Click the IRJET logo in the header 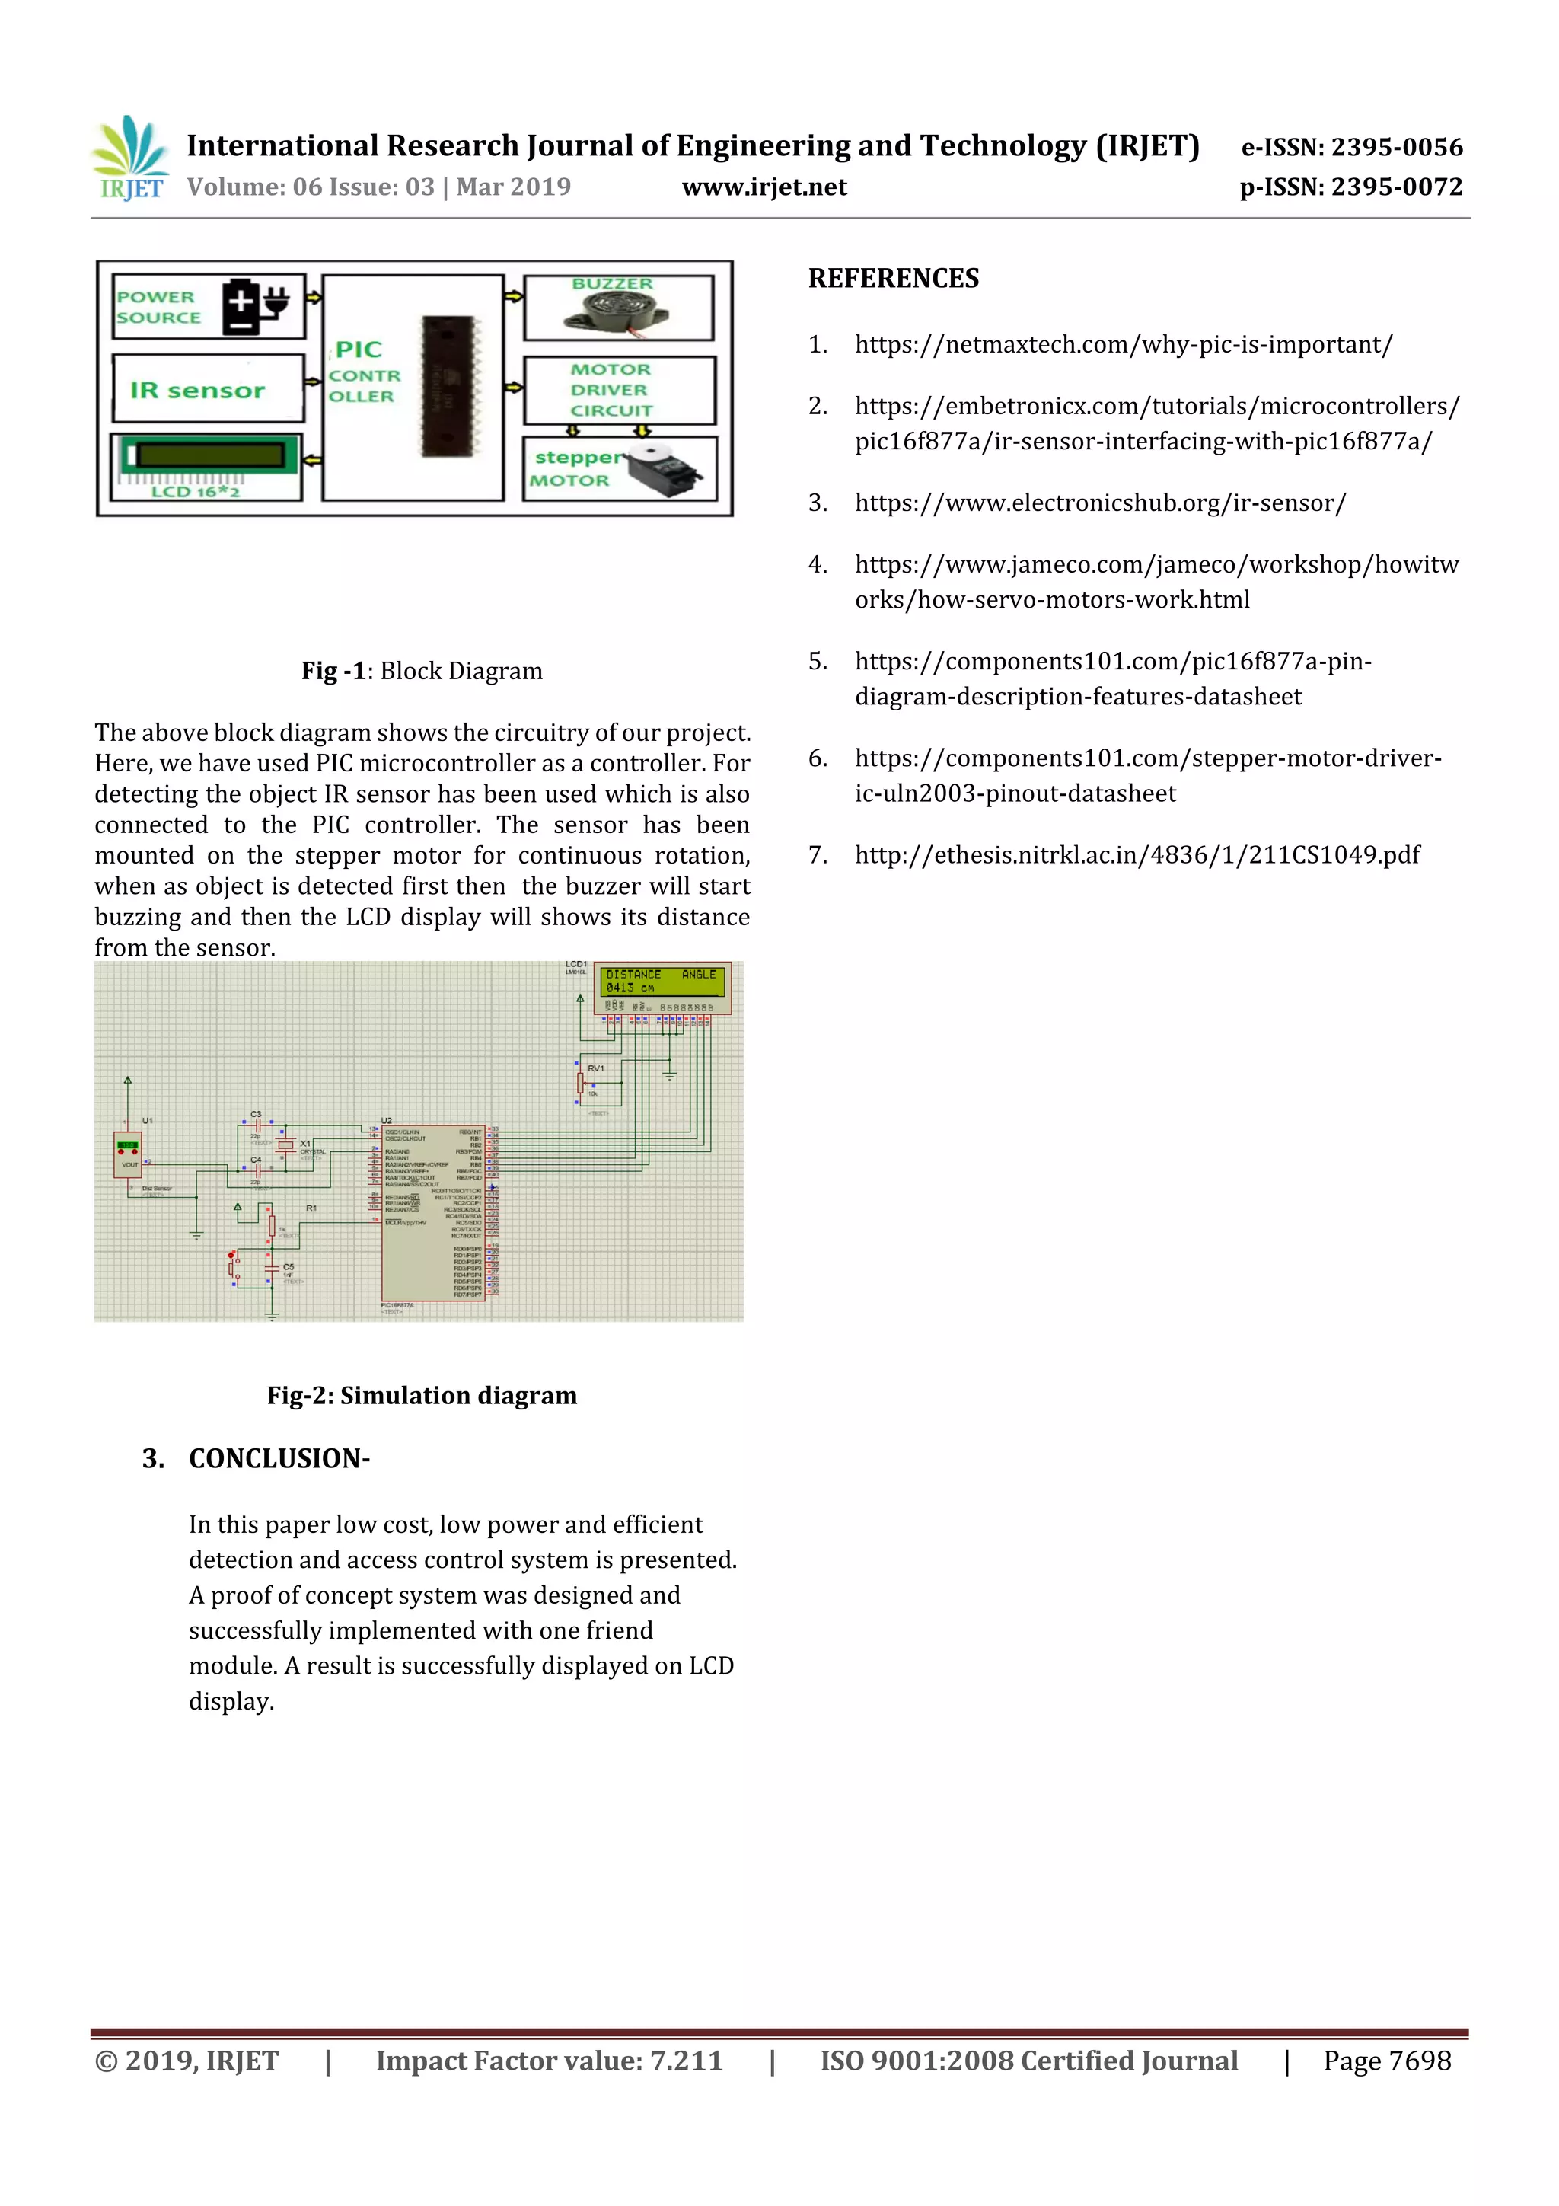point(131,158)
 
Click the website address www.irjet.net point(764,187)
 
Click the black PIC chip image point(448,386)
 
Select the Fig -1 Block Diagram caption point(422,671)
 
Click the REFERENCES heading point(894,279)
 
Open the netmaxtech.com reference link point(1123,345)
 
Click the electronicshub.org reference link point(1100,503)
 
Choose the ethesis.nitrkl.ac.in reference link point(1137,855)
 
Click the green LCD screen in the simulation point(662,981)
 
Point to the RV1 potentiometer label point(595,1068)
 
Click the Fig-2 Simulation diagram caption point(422,1395)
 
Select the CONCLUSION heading point(279,1458)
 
